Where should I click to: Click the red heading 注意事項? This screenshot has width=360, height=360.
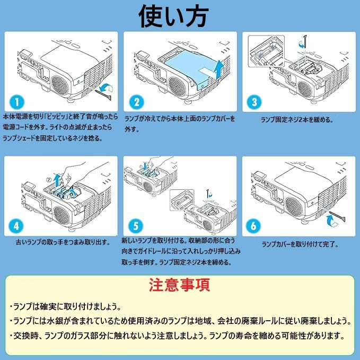[180, 285]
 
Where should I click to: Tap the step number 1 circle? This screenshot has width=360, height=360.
[17, 101]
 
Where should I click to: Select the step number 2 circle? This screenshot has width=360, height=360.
[137, 102]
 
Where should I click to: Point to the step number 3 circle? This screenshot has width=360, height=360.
[255, 101]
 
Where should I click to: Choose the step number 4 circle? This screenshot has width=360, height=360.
[17, 225]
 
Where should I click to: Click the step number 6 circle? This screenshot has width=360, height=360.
[255, 225]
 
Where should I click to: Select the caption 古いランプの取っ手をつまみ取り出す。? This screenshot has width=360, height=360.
[63, 242]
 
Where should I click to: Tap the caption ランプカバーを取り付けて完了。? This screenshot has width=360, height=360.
[300, 244]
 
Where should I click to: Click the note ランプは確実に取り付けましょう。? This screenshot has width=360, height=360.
[65, 307]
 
